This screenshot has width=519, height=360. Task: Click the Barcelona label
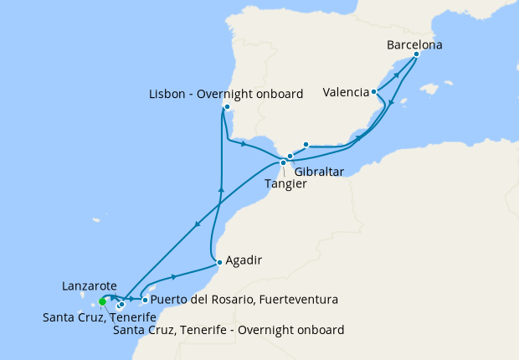(x=415, y=44)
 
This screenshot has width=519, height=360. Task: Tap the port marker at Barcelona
(x=417, y=55)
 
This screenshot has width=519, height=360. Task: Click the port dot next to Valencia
(x=373, y=91)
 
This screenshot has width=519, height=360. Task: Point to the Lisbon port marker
(x=227, y=107)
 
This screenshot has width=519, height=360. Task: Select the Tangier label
(x=285, y=183)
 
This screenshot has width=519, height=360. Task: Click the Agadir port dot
(x=218, y=263)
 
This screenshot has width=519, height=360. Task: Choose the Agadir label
(x=244, y=260)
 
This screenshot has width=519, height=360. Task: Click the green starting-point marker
(x=102, y=301)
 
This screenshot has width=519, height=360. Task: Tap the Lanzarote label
(x=90, y=285)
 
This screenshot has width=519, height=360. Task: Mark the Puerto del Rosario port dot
(x=145, y=300)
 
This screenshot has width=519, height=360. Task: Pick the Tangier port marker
(x=283, y=162)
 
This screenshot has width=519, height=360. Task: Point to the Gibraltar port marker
(x=290, y=157)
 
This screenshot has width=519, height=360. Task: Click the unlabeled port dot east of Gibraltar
(x=306, y=144)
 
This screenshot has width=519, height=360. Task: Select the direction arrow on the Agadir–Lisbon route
(x=222, y=190)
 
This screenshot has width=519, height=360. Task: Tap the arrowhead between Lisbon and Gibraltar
(x=244, y=144)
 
